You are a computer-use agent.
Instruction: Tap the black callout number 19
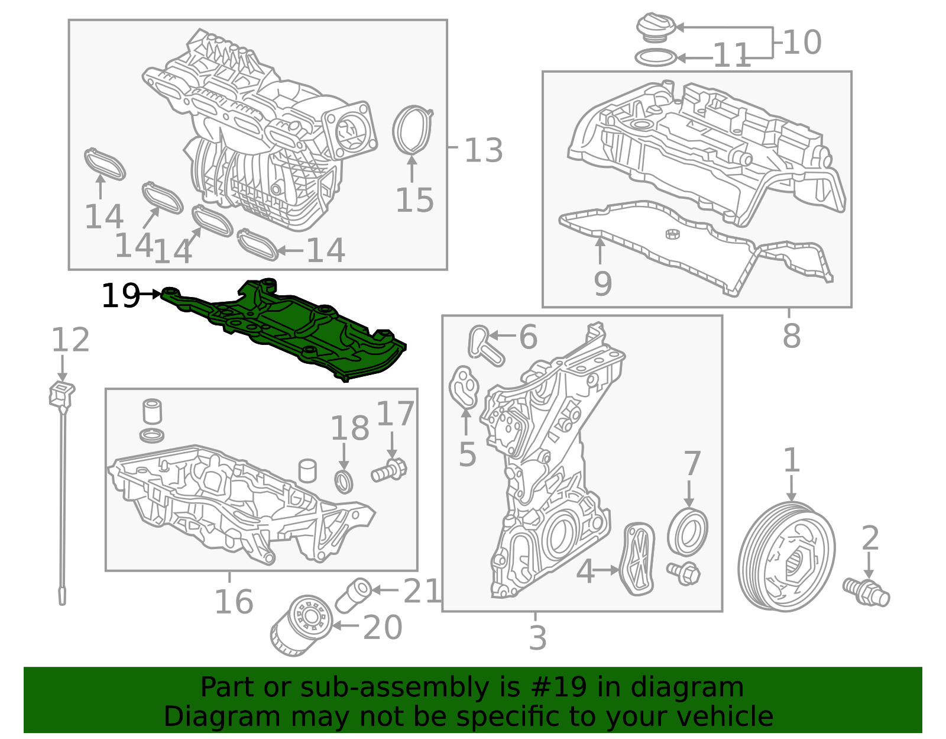tap(120, 295)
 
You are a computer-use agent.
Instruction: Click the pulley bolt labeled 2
tap(866, 592)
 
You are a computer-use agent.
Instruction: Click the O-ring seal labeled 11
tap(656, 58)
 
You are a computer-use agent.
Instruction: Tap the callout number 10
tap(802, 42)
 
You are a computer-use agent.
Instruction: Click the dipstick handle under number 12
tap(61, 393)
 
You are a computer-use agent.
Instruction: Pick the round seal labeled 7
tap(687, 531)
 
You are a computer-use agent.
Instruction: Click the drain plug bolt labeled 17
tap(389, 471)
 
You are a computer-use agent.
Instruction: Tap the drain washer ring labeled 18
tap(344, 481)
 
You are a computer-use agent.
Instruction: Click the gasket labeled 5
tap(464, 388)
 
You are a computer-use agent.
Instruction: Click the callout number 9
tap(602, 283)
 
